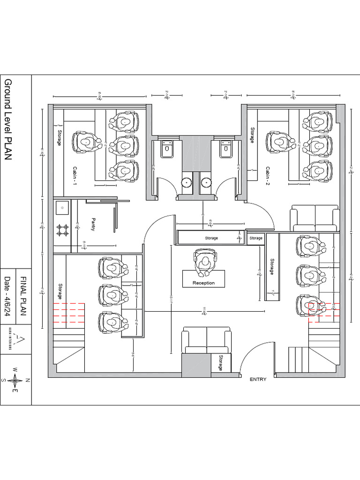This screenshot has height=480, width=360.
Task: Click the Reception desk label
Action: [203, 283]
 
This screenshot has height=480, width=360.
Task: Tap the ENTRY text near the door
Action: [258, 379]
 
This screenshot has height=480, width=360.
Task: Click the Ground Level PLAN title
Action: [8, 120]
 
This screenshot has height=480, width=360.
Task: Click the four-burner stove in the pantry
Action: [62, 230]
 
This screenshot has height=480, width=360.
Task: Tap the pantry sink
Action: [61, 206]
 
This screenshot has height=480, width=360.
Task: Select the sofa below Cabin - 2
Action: [315, 218]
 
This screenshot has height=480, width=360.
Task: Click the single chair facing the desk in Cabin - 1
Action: [86, 141]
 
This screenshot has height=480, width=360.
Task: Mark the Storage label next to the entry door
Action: [220, 363]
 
